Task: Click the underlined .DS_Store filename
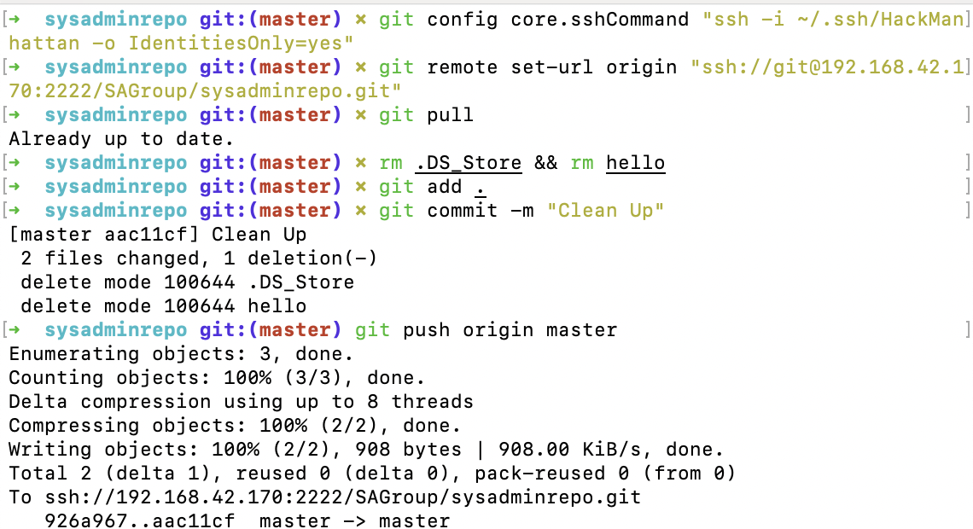tap(469, 162)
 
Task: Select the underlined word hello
tap(635, 162)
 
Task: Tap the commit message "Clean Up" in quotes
tap(606, 210)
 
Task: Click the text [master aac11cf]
tap(104, 235)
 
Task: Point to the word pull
tap(451, 114)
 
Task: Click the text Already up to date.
tap(121, 139)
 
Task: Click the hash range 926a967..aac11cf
tap(140, 520)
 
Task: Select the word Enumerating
tap(74, 354)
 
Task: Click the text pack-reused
tap(540, 474)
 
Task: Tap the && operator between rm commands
tap(546, 162)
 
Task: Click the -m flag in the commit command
tap(521, 211)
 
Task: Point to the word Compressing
tap(74, 426)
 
